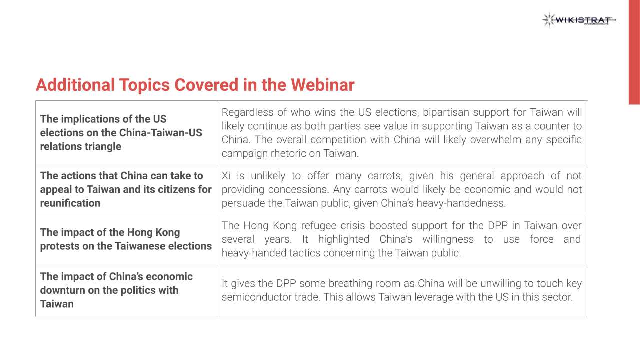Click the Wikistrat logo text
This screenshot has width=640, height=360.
click(x=583, y=20)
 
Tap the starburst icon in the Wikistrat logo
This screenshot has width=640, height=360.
click(x=549, y=20)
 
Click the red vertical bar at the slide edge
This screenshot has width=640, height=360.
click(x=634, y=52)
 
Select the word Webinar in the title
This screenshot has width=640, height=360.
click(x=323, y=85)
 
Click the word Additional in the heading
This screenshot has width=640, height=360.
click(x=75, y=85)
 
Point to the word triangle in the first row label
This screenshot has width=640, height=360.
click(x=102, y=147)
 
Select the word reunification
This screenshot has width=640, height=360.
click(x=70, y=203)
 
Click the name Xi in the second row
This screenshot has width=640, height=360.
click(x=226, y=176)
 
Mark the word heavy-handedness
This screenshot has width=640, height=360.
click(x=461, y=203)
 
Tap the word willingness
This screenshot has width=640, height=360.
click(x=448, y=239)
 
